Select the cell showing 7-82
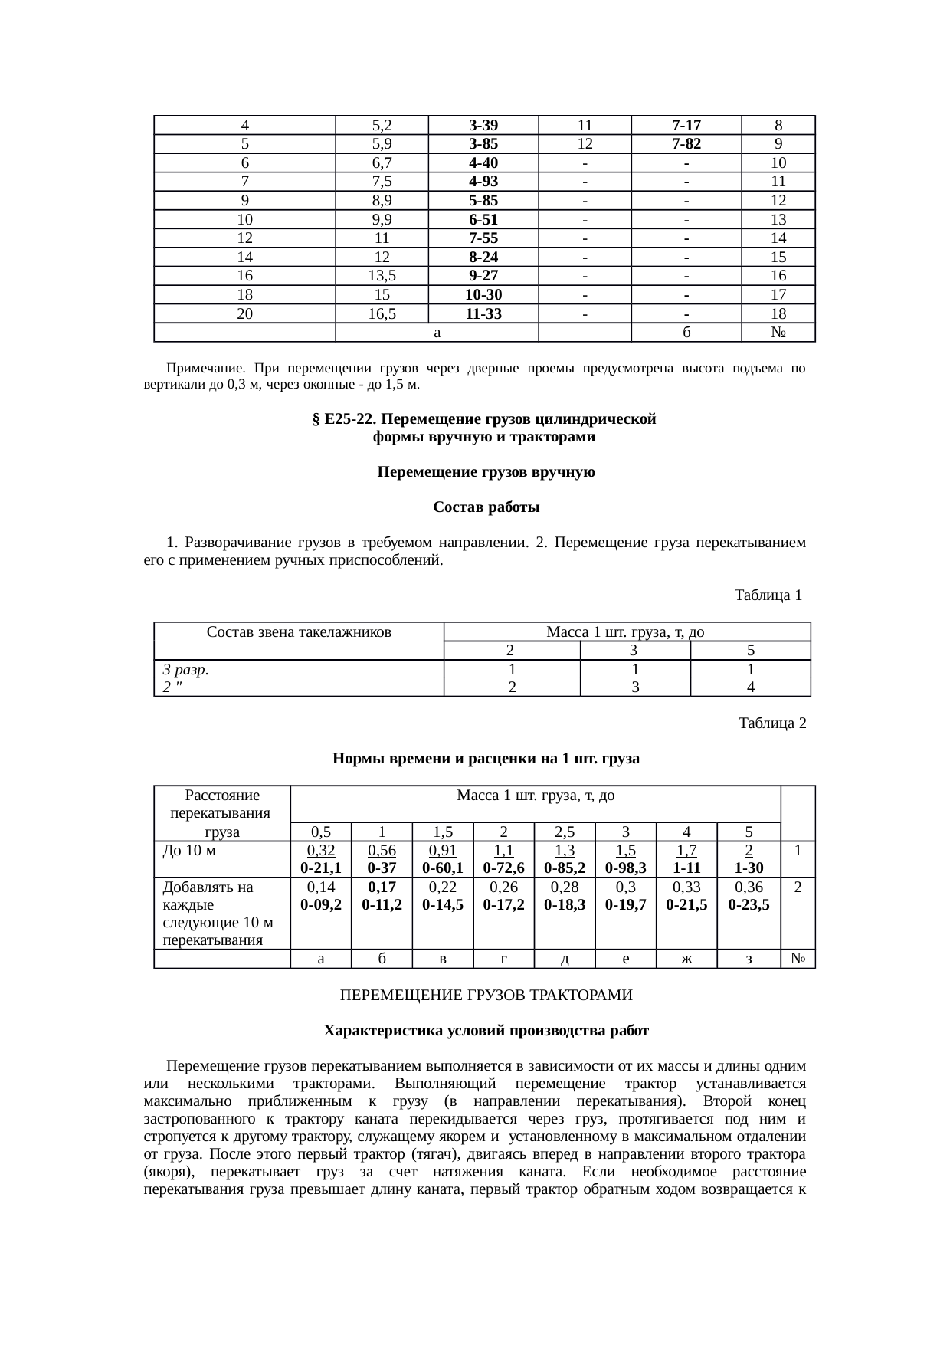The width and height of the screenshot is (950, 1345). pyautogui.click(x=686, y=144)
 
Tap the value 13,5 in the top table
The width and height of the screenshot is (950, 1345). pyautogui.click(x=382, y=276)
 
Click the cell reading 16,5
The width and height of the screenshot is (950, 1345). pyautogui.click(x=382, y=313)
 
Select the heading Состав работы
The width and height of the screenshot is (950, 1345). pyautogui.click(x=486, y=507)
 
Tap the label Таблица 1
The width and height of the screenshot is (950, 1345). pyautogui.click(x=768, y=595)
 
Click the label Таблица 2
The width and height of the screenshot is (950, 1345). pyautogui.click(x=771, y=723)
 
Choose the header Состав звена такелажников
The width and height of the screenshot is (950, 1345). pyautogui.click(x=299, y=632)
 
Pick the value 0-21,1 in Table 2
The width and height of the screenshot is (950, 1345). pyautogui.click(x=320, y=868)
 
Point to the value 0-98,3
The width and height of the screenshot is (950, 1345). pyautogui.click(x=625, y=868)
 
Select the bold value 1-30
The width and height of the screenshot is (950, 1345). pyautogui.click(x=749, y=868)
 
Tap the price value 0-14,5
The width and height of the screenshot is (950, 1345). pyautogui.click(x=442, y=904)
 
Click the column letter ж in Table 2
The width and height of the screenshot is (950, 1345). pyautogui.click(x=686, y=959)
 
